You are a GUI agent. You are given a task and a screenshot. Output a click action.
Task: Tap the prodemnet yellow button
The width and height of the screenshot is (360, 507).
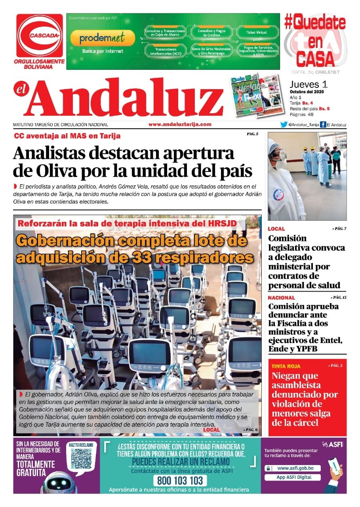click(102, 38)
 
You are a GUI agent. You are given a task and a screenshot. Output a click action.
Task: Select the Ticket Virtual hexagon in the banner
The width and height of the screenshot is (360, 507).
click(256, 32)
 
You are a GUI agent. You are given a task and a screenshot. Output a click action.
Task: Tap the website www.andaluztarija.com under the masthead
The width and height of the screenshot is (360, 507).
click(180, 124)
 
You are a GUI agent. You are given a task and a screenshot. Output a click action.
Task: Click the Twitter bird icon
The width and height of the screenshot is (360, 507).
click(284, 125)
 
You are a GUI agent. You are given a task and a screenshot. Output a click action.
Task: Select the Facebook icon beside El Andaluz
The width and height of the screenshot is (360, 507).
click(323, 125)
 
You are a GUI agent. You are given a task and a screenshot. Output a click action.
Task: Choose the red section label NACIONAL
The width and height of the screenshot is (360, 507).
click(281, 297)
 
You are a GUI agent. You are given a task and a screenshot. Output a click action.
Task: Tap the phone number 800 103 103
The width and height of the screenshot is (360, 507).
click(180, 481)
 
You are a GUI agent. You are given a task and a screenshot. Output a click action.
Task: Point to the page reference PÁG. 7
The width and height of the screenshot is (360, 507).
click(339, 229)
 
